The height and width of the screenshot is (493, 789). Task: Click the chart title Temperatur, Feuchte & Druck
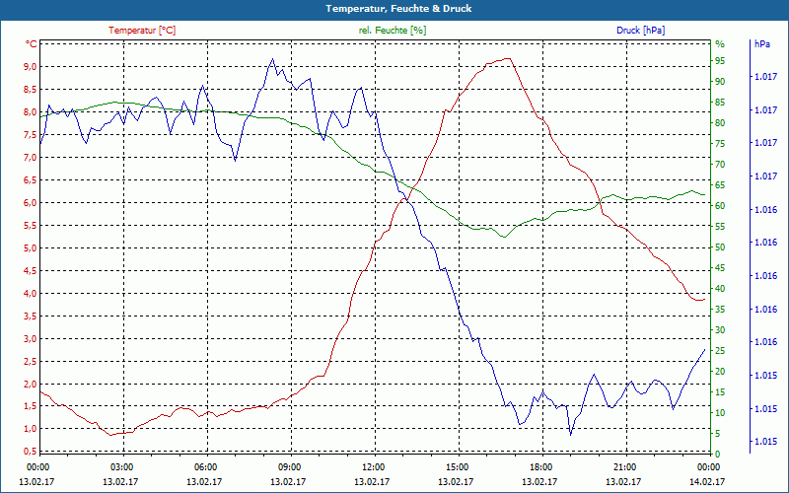pos(394,8)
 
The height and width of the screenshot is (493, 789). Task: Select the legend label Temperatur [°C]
pos(142,31)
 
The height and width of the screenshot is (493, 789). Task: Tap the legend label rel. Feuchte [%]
pos(392,31)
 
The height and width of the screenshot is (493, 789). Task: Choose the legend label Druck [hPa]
pos(640,31)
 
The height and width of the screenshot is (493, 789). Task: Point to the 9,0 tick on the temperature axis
pos(31,67)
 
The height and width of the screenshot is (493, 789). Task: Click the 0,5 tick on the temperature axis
pos(31,452)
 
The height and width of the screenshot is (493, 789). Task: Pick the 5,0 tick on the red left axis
pos(31,248)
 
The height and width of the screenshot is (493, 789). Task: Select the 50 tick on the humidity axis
pos(720,247)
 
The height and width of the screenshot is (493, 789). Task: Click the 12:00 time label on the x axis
pos(373,466)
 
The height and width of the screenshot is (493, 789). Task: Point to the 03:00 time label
pos(122,466)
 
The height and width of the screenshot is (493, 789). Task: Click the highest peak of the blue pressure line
pos(272,59)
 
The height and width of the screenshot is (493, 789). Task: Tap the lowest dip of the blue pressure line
pos(570,434)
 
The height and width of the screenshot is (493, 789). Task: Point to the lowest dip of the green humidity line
pos(503,238)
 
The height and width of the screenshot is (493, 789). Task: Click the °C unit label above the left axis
pos(32,44)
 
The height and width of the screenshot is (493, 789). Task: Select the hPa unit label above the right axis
pos(762,44)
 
